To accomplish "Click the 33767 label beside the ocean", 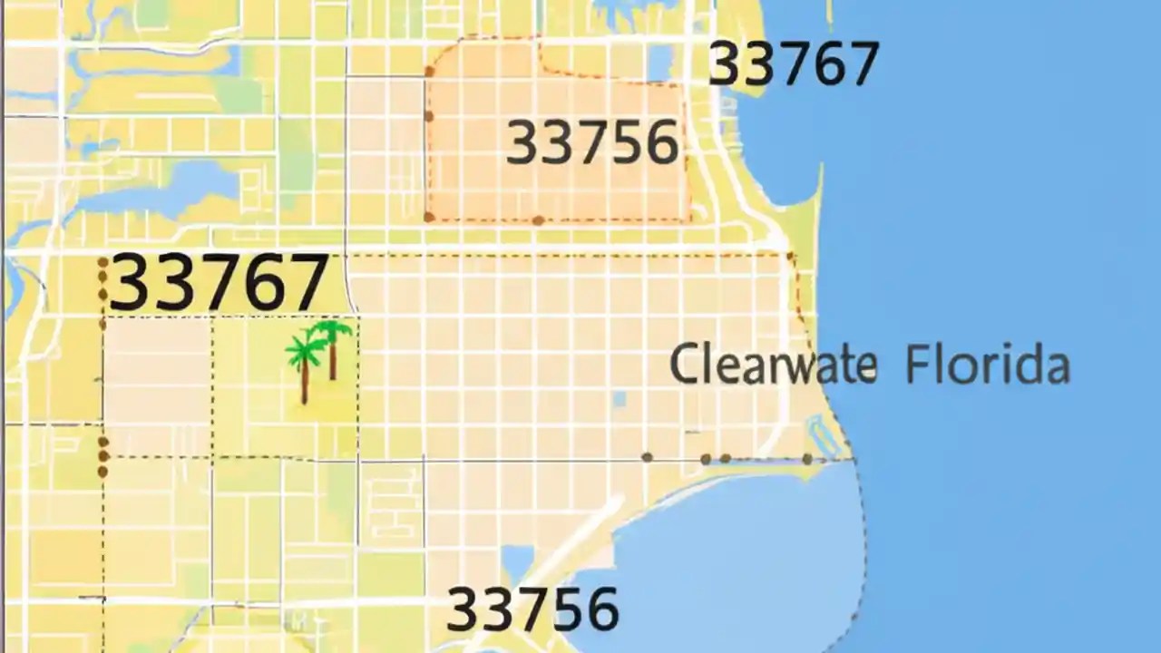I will [x=793, y=63].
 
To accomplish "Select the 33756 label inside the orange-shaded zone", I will [x=592, y=143].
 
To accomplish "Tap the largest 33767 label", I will [x=218, y=283].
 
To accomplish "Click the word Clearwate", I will [x=773, y=365].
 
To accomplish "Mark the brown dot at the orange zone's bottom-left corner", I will [x=429, y=217].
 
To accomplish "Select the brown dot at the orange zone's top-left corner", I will [x=429, y=72].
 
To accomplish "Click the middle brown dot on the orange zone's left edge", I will [x=429, y=116].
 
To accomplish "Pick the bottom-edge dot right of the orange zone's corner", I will [x=538, y=219].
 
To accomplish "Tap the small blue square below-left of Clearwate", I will [x=619, y=398].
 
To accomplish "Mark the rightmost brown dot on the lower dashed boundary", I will [x=807, y=459].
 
